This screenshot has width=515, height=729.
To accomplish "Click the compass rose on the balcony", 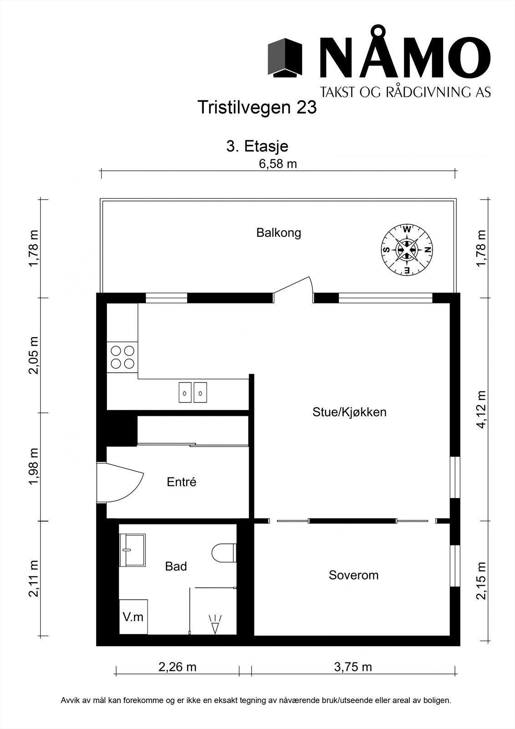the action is point(407,250).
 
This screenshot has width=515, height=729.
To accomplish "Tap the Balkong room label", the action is point(279,233).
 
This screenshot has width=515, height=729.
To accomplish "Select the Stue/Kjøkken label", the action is point(349,412).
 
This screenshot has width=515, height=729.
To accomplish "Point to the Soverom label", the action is point(354,575).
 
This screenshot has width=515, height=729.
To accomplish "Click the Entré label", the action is point(182,482).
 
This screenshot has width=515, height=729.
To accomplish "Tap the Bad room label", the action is point(176,567).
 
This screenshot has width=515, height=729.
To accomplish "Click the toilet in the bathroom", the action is point(224,553).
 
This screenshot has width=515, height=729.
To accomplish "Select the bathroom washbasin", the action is point(133,549).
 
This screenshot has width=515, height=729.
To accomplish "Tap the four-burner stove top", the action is point(122,357).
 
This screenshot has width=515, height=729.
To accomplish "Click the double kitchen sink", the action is point(193,392).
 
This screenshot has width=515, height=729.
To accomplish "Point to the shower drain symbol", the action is point(215,624).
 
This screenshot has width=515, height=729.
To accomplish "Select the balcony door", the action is point(293,289).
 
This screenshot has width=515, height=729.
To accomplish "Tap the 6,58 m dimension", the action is point(278,164).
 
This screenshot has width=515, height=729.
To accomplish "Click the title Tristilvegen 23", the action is point(257,107).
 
